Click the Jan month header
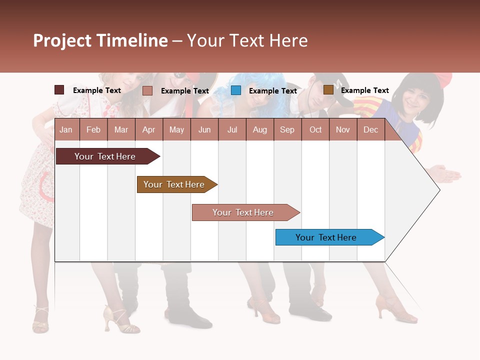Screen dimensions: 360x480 [66, 129]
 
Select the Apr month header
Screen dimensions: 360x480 [148, 129]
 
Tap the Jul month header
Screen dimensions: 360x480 [232, 129]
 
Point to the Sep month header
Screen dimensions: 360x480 [287, 129]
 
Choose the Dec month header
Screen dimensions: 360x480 [370, 129]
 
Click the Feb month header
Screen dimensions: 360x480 [93, 129]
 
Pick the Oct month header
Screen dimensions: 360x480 [315, 129]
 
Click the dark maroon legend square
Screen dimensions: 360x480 [59, 90]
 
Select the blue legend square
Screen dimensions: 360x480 [236, 90]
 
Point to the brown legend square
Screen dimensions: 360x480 [328, 90]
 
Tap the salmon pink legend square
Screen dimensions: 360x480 [147, 90]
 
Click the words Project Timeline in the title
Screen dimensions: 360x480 [100, 40]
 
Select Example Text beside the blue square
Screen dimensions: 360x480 [272, 91]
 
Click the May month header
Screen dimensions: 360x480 [176, 129]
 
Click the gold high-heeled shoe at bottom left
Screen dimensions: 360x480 [117, 320]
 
